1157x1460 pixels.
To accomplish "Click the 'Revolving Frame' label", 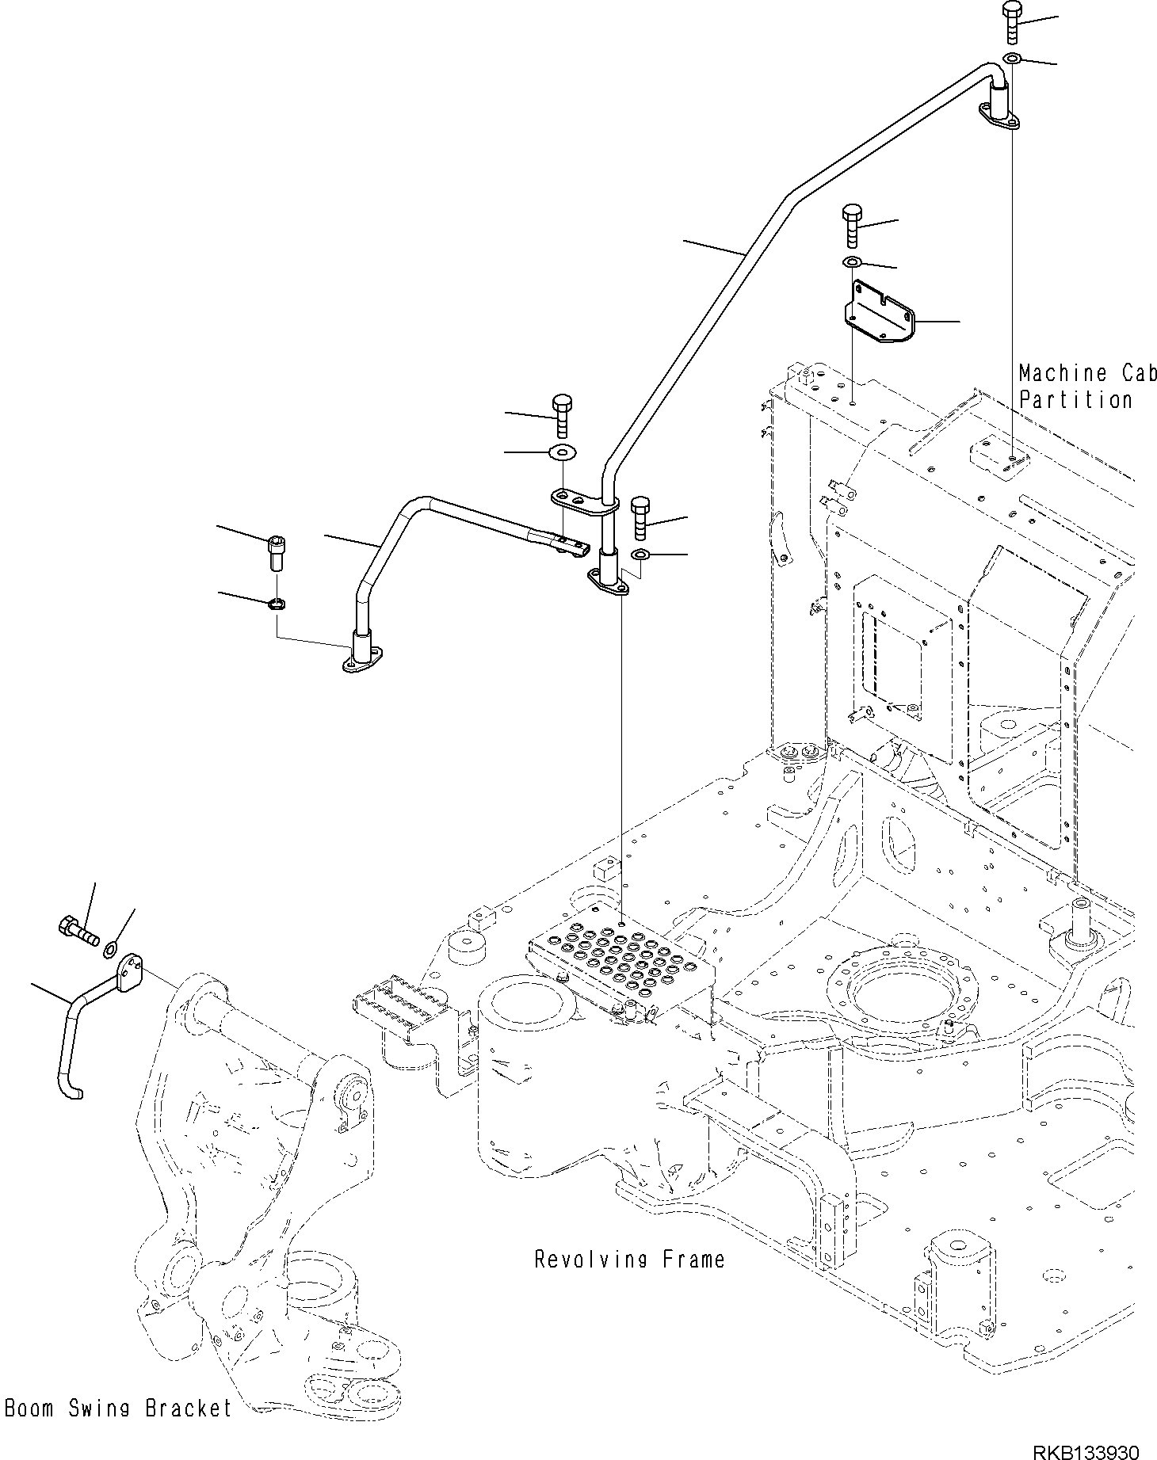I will coord(629,1259).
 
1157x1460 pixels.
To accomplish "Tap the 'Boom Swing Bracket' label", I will coord(117,1408).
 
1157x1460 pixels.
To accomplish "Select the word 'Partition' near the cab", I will coord(1075,400).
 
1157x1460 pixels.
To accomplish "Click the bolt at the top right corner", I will coord(1013,21).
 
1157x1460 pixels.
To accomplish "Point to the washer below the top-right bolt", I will coord(1012,59).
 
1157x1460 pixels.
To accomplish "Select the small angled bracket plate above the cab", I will coord(878,311).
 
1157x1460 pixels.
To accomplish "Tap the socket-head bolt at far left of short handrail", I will coord(276,552).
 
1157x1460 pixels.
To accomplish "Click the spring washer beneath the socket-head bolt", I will coord(277,604).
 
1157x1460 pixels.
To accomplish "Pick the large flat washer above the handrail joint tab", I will coord(562,452).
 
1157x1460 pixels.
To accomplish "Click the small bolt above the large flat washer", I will coord(561,414).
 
